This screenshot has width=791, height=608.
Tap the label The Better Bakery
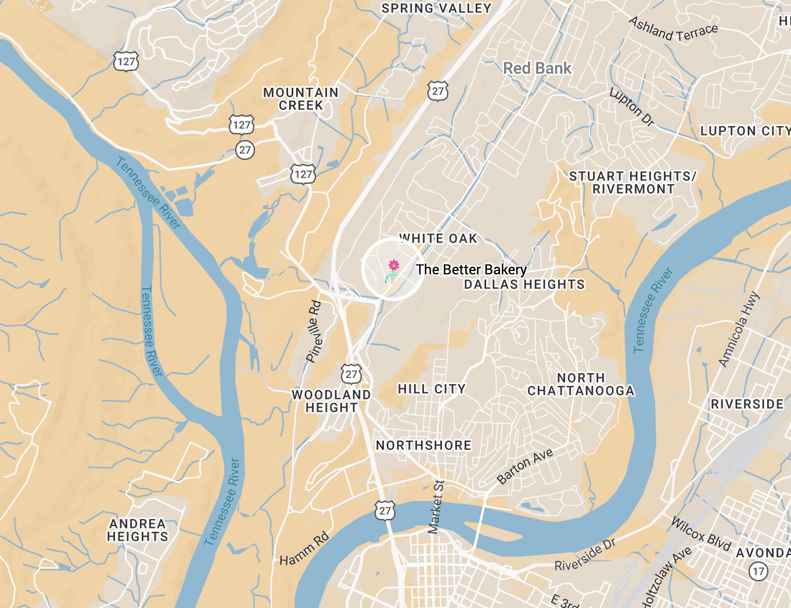[x=471, y=270]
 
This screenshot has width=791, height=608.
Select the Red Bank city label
[x=537, y=69]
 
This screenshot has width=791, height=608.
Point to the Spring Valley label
[x=436, y=8]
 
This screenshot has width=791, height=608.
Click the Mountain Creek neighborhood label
[x=301, y=99]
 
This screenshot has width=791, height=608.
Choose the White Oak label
[x=438, y=238]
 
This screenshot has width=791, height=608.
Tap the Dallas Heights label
[x=524, y=284]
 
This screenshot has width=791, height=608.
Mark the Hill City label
[x=432, y=389]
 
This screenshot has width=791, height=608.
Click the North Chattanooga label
[x=581, y=384]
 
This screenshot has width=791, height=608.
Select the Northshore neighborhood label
[x=423, y=445]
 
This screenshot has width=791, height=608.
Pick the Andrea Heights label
[x=138, y=530]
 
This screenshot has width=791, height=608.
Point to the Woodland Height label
[x=331, y=401]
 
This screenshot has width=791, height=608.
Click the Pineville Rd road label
[x=314, y=331]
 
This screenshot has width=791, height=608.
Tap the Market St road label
[x=436, y=507]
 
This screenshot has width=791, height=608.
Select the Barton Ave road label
[x=525, y=466]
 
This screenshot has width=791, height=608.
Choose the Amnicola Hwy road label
[x=739, y=330]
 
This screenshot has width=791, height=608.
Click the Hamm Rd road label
[x=304, y=549]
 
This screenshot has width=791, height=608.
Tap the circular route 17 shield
[x=758, y=571]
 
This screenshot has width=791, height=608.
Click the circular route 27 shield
[x=245, y=150]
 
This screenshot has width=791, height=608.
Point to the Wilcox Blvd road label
[x=701, y=533]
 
